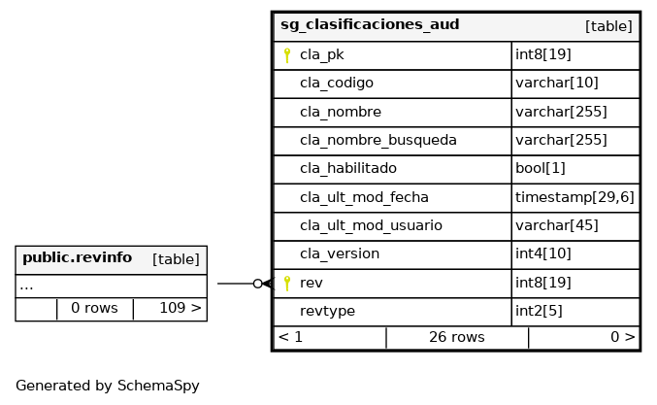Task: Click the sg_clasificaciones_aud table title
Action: coord(370,24)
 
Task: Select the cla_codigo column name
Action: coord(337,83)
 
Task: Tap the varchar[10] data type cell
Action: coord(556,83)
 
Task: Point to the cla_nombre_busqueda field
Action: coord(378,140)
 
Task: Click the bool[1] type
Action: coord(541,169)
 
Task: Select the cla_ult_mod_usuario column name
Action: coord(371,225)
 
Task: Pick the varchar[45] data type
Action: coord(556,225)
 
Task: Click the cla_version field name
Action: coord(340,254)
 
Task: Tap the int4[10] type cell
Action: coord(543,253)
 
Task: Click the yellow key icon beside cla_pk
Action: coord(287,55)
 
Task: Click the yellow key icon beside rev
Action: coord(287,284)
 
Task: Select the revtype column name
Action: coord(327,311)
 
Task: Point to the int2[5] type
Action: coord(539,311)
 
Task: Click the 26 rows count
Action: coord(457,337)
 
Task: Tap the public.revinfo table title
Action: coord(77,257)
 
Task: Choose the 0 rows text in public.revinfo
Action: coord(94,308)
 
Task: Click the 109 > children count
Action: coord(181,308)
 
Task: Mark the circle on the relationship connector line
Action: coord(258,284)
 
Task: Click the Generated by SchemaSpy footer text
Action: coord(108,386)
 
